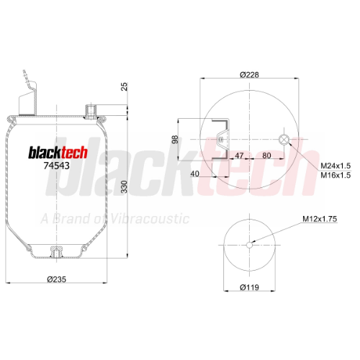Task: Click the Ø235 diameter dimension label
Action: [x=56, y=279]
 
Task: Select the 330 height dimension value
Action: [x=124, y=187]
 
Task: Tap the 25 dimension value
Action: [x=124, y=86]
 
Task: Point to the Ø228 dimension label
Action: [x=249, y=75]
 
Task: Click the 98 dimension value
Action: [x=175, y=140]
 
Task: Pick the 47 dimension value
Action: [x=239, y=156]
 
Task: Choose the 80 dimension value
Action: [x=266, y=156]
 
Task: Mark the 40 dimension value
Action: [x=194, y=174]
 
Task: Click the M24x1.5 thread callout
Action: [x=336, y=166]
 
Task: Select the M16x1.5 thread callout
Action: [x=336, y=175]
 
